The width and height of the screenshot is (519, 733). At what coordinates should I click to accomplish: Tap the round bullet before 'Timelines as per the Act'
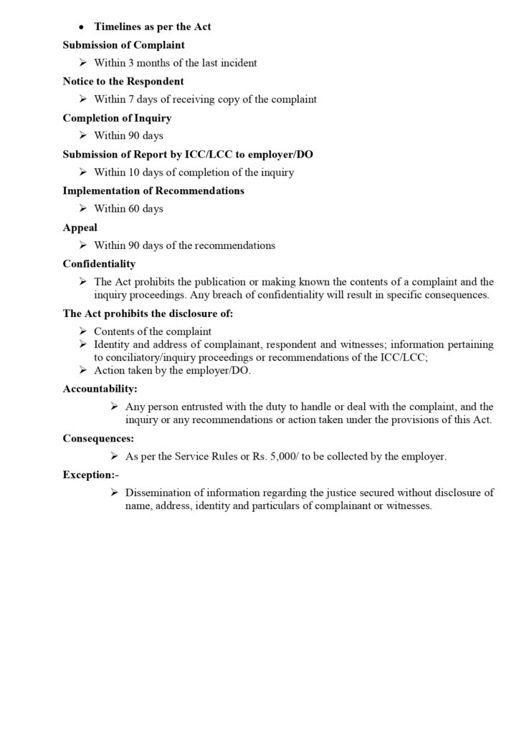(x=81, y=26)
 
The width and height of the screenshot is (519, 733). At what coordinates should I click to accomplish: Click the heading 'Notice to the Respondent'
(x=123, y=81)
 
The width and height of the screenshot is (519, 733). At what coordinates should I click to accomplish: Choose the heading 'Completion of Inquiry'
(x=117, y=117)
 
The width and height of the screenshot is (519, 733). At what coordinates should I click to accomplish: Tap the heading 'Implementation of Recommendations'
(x=153, y=190)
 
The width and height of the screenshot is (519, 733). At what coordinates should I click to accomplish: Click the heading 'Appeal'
(x=80, y=227)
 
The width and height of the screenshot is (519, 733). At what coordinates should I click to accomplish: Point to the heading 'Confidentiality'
(x=99, y=263)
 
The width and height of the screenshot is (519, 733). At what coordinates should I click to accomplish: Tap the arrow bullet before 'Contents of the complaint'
(x=83, y=331)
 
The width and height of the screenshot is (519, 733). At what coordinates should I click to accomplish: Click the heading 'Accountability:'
(x=100, y=389)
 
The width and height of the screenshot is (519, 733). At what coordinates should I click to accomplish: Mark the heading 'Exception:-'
(x=90, y=474)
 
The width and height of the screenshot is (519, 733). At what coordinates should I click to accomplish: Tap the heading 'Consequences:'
(x=98, y=437)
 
